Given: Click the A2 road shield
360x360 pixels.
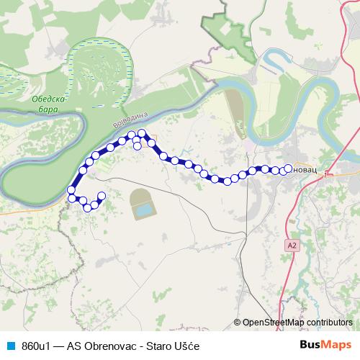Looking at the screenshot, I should [x=291, y=246].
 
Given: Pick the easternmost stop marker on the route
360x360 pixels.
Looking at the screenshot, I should [x=289, y=169].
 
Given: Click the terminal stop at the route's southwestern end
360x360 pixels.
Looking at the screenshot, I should [x=101, y=196].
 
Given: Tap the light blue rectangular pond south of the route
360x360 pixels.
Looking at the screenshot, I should [x=144, y=210].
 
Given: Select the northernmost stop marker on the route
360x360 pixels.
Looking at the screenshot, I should [x=143, y=132].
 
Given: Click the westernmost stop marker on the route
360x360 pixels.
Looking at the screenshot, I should [x=71, y=190].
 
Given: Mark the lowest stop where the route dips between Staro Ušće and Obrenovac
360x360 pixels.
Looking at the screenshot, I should [x=226, y=181].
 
